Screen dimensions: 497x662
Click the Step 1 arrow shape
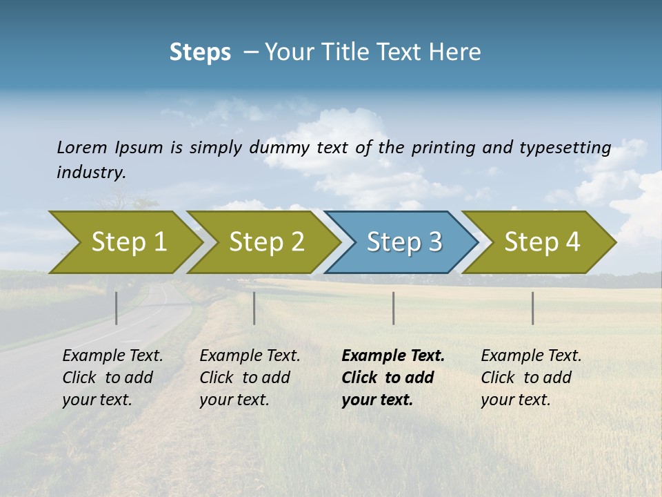point(124,242)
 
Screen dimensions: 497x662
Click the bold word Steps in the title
point(200,52)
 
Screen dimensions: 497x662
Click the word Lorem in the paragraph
point(82,148)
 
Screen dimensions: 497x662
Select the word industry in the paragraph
point(90,173)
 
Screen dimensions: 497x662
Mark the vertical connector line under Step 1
point(117,308)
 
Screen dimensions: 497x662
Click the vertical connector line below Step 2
point(254,308)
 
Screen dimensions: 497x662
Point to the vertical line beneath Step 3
point(394,308)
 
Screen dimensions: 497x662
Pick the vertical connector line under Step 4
point(533,308)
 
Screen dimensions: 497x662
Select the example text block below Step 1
point(112,378)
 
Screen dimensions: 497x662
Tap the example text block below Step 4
point(531,378)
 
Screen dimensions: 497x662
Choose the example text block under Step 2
point(250,378)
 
